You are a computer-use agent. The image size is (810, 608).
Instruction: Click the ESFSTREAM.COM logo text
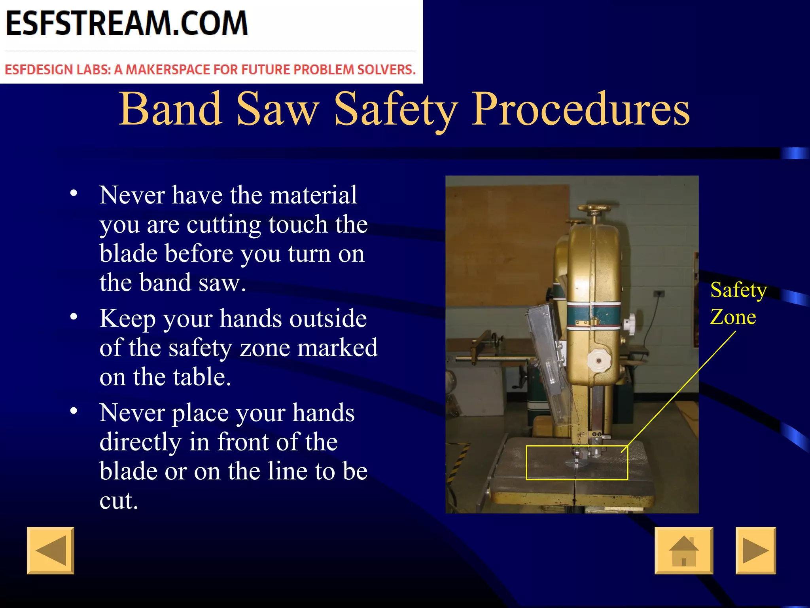tap(127, 24)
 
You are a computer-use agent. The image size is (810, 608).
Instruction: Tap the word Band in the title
tap(170, 109)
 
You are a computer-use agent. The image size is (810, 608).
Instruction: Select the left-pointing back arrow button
tap(50, 550)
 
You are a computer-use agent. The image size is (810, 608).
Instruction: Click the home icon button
tap(683, 550)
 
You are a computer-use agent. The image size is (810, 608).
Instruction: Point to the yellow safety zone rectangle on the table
tap(577, 462)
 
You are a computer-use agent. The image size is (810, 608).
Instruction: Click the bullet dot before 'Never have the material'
tap(74, 194)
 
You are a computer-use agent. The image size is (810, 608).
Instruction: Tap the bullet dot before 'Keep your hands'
tap(74, 317)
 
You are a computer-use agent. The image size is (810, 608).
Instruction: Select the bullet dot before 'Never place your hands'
tap(74, 411)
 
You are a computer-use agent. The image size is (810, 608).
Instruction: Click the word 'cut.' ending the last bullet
tap(119, 501)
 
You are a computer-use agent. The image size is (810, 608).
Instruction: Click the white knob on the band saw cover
tap(598, 360)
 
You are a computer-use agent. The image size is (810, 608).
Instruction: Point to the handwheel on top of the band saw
tap(597, 208)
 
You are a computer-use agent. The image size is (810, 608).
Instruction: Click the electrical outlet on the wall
tap(659, 293)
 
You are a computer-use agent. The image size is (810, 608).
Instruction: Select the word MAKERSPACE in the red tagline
tap(168, 70)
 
